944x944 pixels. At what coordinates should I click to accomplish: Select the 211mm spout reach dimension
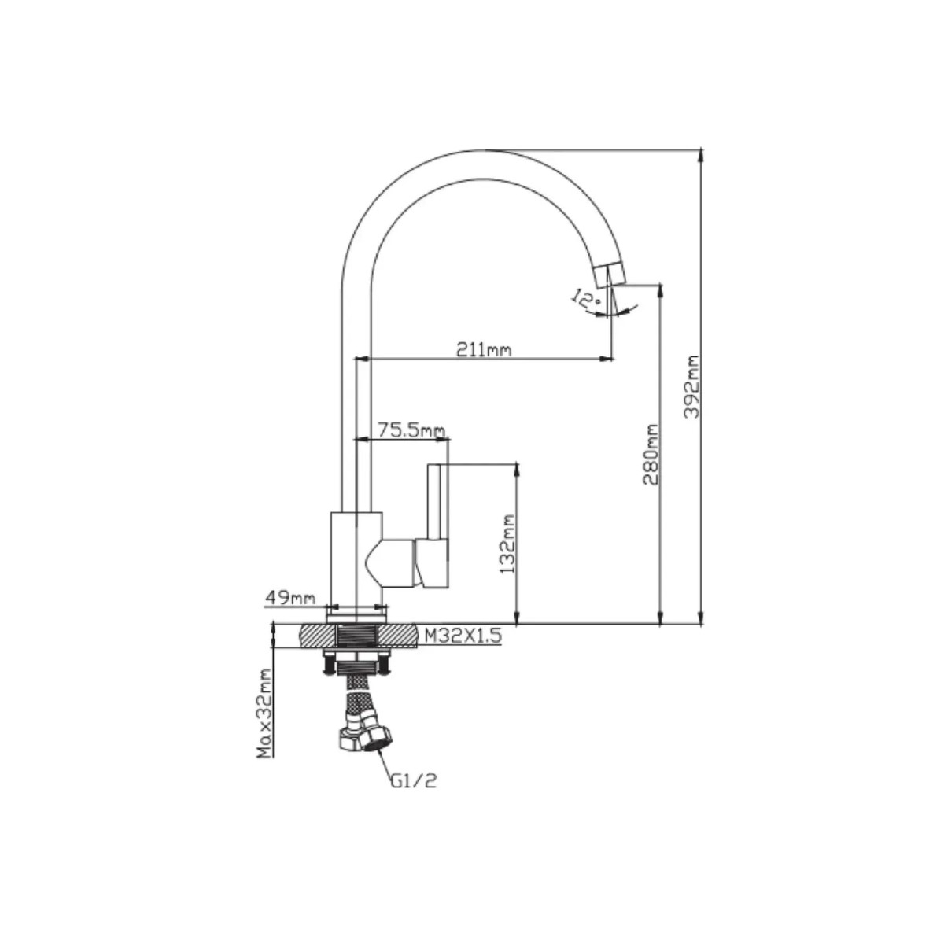pos(484,350)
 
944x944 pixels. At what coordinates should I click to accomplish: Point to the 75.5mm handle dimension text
pos(411,430)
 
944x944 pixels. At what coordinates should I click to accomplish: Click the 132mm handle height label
pos(508,544)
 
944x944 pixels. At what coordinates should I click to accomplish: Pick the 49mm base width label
pos(290,598)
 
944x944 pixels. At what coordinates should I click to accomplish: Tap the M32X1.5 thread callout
pos(463,636)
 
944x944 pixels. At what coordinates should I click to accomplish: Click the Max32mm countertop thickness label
pos(266,720)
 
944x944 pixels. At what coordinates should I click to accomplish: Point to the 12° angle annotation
pos(584,299)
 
